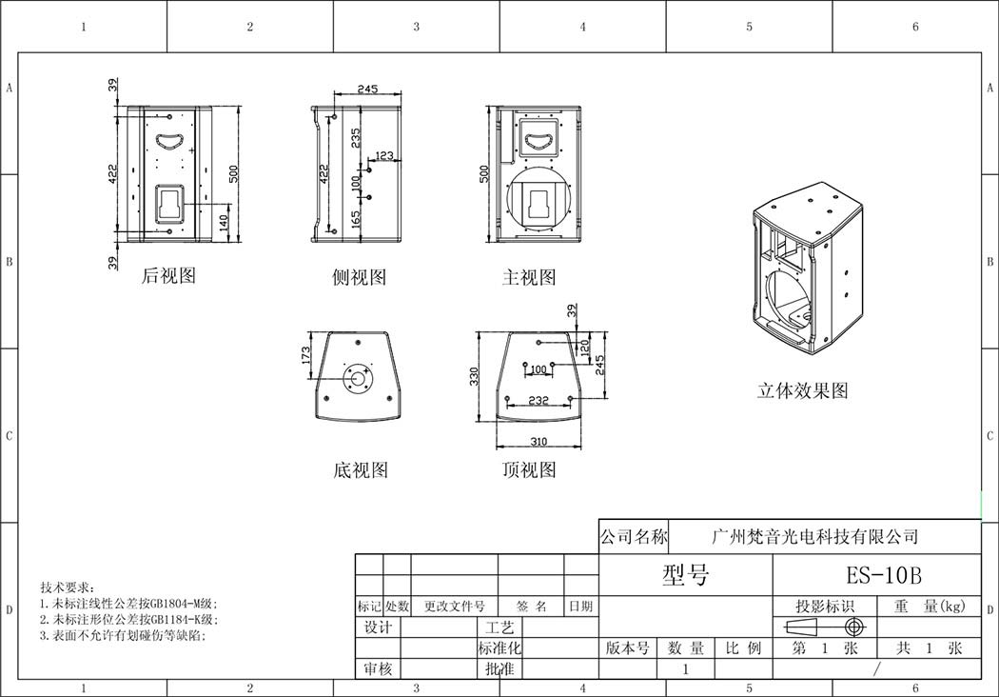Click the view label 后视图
point(168,275)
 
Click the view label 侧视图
point(360,277)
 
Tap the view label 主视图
point(529,277)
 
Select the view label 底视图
point(361,470)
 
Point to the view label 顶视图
point(529,470)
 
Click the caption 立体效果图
point(803,390)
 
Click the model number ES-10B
point(884,575)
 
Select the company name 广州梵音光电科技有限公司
point(814,536)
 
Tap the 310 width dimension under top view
point(539,441)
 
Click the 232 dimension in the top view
point(539,400)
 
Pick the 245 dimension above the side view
point(367,89)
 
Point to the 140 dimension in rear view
point(223,223)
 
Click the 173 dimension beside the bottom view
point(305,356)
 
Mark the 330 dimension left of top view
point(474,376)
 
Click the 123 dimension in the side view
point(384,155)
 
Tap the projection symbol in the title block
point(826,627)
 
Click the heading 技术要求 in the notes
point(66,587)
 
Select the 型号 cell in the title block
point(686,575)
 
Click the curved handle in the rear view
point(168,141)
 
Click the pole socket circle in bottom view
point(359,379)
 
